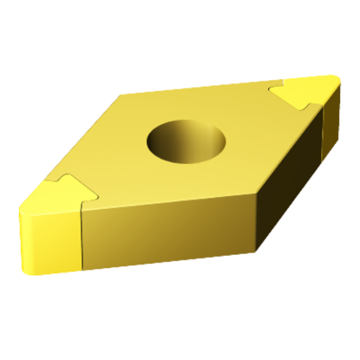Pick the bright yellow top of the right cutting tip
tap(309, 91)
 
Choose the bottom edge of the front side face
tap(165, 258)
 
